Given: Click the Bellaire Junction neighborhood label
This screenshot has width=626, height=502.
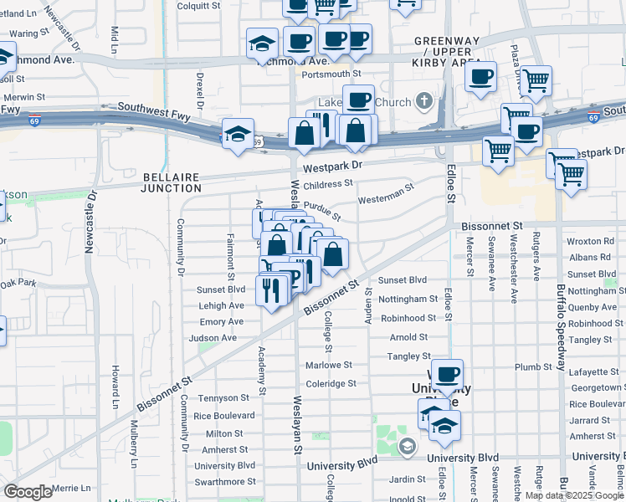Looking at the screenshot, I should (x=171, y=182).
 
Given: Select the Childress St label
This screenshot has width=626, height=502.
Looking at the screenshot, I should (x=328, y=184).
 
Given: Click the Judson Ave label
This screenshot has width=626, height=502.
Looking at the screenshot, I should (x=213, y=338).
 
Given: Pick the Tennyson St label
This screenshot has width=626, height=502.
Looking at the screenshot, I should (x=222, y=397).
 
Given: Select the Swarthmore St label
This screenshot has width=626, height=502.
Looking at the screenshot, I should (x=225, y=482).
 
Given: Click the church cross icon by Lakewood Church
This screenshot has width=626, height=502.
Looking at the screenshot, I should (x=424, y=102).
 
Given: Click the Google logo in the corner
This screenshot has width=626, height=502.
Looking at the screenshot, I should (x=28, y=492).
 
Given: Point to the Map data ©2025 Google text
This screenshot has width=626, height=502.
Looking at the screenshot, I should (x=574, y=495).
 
